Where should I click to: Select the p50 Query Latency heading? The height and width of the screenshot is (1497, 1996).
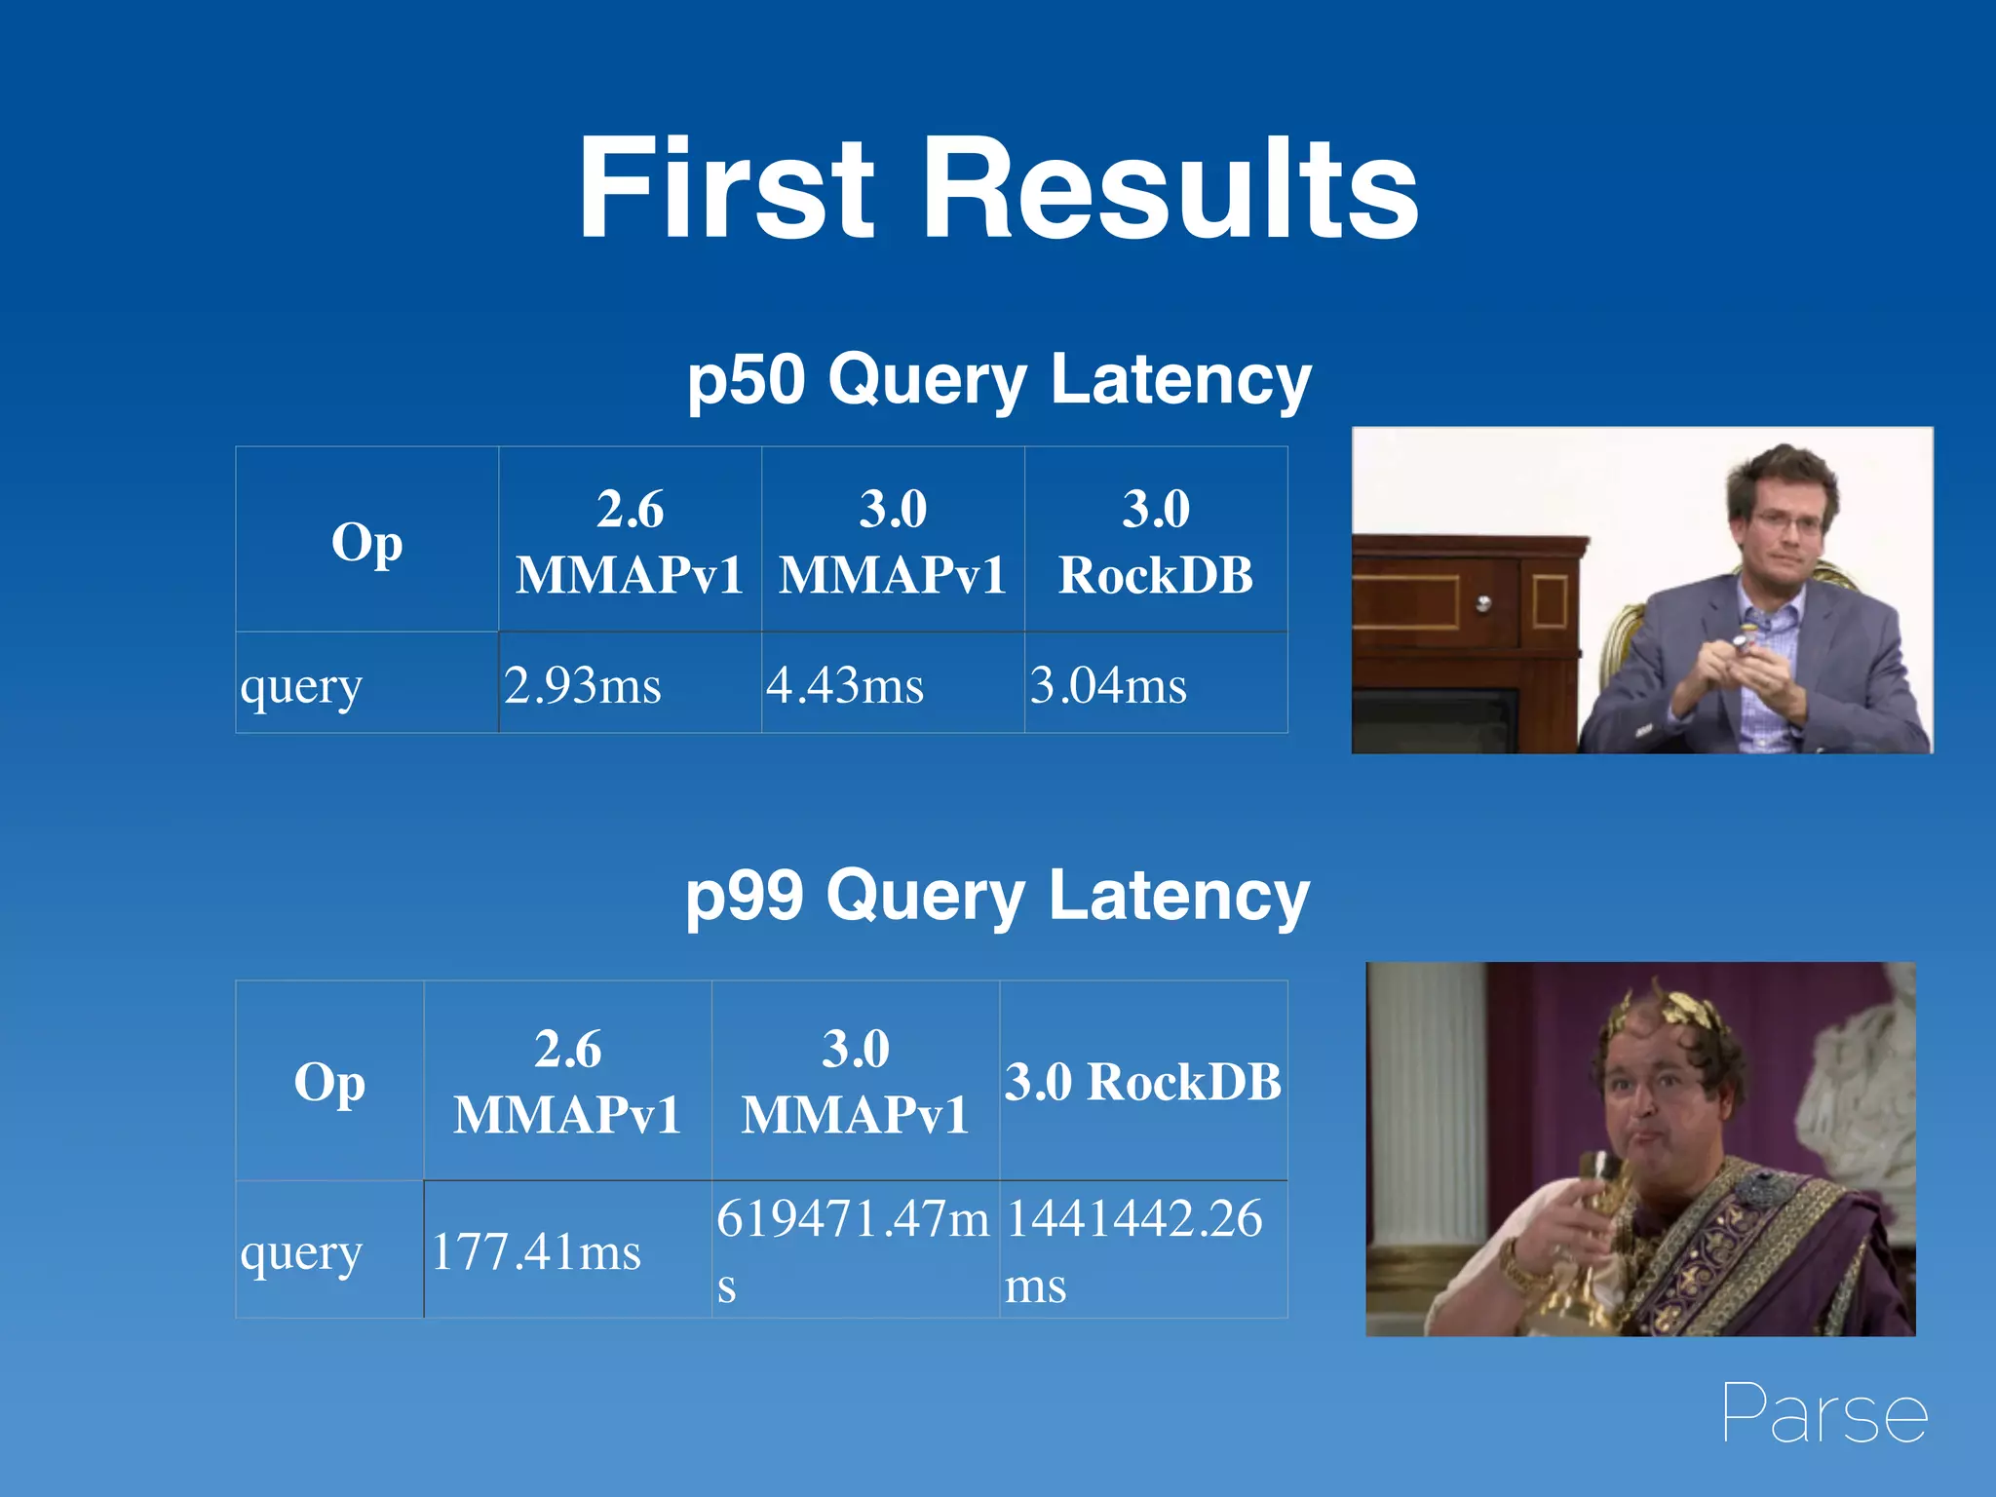999,380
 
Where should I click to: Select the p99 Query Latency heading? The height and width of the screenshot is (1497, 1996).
997,896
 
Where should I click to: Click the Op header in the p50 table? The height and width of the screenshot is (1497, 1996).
366,542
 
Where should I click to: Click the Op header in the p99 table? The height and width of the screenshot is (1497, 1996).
329,1082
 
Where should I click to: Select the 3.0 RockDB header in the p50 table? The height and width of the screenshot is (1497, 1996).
1156,542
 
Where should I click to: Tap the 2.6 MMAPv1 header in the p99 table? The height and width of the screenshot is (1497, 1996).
567,1082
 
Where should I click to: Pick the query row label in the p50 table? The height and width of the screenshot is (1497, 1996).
301,686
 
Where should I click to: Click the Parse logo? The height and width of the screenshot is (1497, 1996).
1824,1413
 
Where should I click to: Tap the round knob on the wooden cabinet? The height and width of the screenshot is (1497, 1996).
1483,603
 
